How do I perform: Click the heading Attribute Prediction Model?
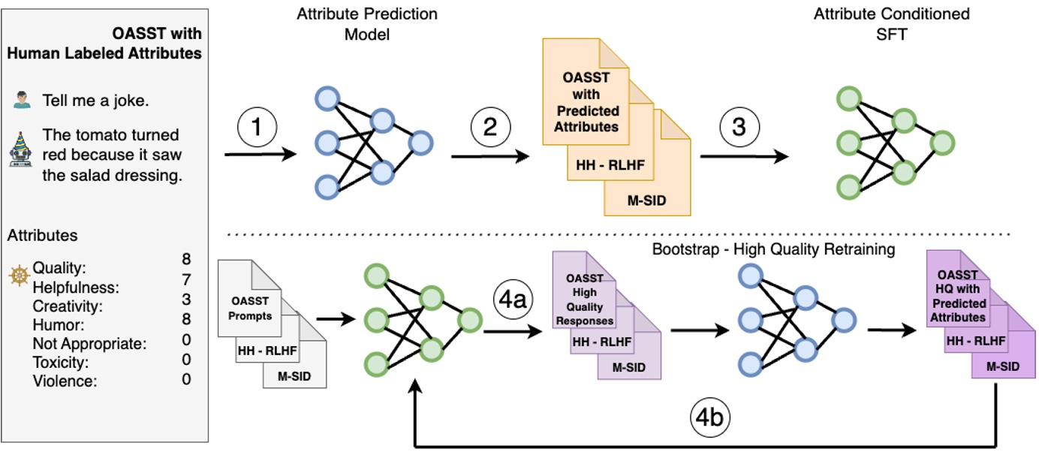(x=367, y=24)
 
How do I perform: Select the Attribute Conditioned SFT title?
(x=891, y=24)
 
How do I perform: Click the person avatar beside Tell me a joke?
(x=23, y=100)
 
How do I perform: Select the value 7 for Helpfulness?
(x=186, y=279)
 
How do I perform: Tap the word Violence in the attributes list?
(x=65, y=381)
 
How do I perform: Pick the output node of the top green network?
(x=942, y=142)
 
